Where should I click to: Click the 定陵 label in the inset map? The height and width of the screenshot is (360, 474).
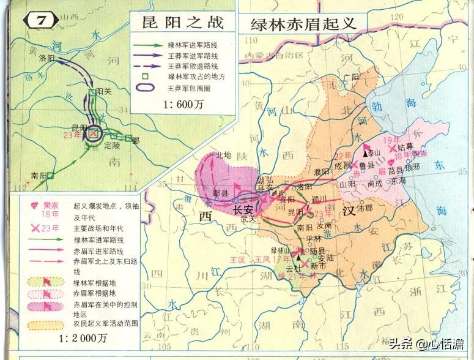(112, 146)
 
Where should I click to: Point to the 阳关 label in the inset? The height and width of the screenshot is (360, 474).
(105, 91)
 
